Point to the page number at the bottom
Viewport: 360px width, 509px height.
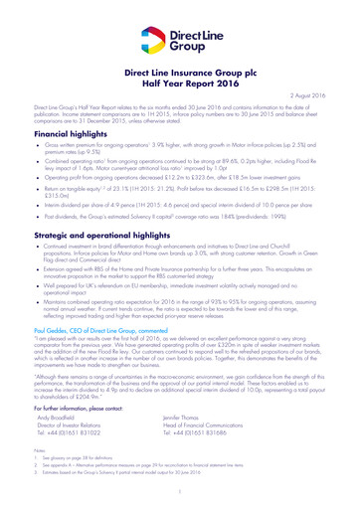(179, 494)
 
